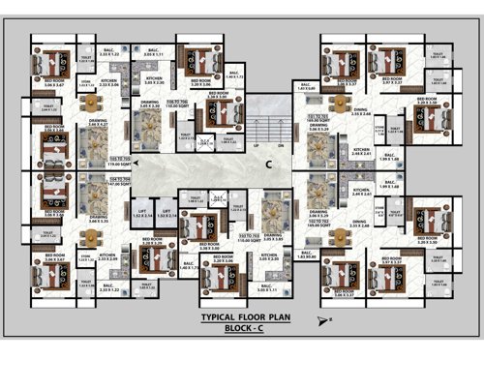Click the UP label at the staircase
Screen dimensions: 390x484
[256, 145]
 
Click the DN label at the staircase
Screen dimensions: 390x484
[280, 145]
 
